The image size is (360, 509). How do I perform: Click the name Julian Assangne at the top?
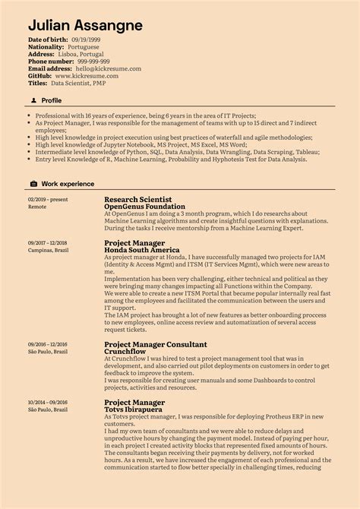point(85,25)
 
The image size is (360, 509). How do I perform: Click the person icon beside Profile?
point(33,100)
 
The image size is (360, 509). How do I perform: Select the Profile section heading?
point(52,100)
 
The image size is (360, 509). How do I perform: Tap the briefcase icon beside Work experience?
point(33,184)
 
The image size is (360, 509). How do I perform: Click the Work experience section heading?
point(68,184)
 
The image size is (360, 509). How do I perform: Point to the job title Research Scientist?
point(138,199)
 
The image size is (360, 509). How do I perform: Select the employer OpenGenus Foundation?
point(144,207)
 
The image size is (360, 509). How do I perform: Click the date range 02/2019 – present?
point(48,199)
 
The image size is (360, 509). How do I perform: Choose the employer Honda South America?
point(141,250)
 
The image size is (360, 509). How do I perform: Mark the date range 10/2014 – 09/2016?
point(48,403)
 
